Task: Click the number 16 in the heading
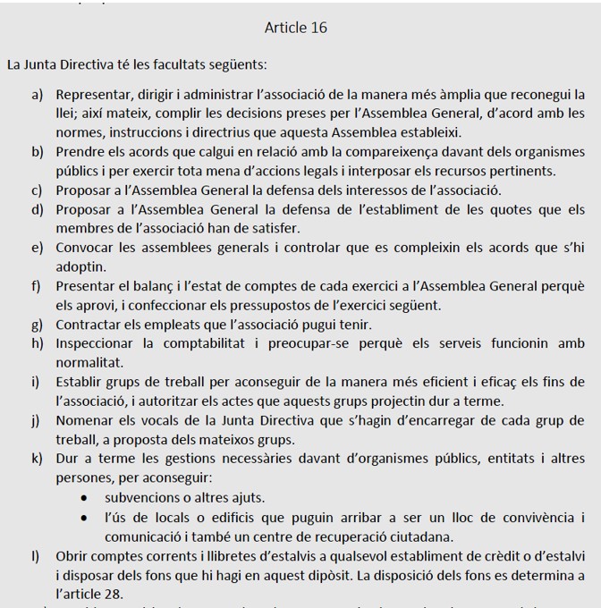click(317, 28)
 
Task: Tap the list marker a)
click(38, 94)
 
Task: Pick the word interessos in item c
click(375, 190)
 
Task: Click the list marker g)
click(38, 325)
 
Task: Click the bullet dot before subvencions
click(84, 498)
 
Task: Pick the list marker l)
click(37, 555)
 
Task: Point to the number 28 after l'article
click(114, 594)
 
